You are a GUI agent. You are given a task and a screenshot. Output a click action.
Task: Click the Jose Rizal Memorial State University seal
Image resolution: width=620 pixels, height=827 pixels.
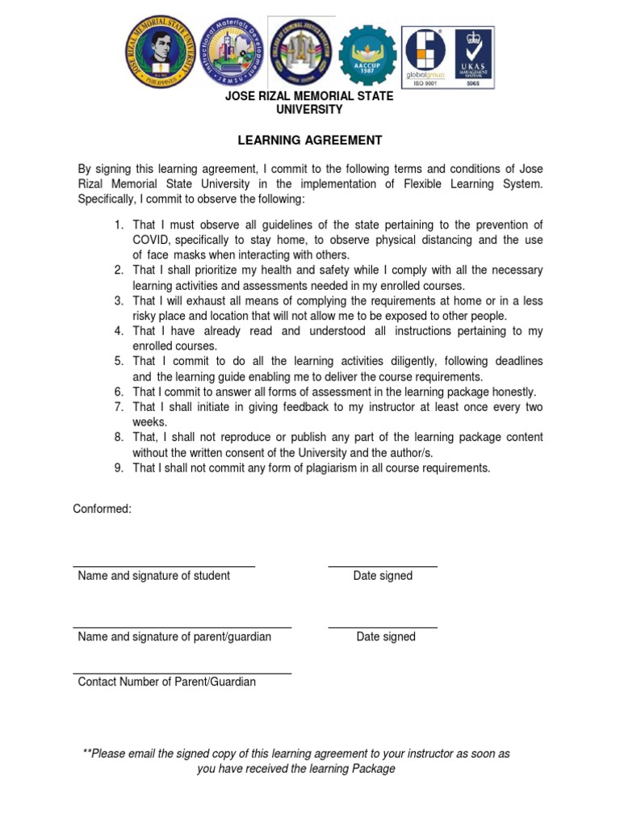pos(160,52)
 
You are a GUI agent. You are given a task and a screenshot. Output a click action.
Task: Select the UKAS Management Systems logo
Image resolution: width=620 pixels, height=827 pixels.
pos(471,57)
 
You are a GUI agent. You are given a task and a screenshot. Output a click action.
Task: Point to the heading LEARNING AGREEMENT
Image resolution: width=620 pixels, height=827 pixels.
pos(309,141)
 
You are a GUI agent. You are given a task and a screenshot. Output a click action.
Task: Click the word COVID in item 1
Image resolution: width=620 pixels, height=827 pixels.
pos(151,240)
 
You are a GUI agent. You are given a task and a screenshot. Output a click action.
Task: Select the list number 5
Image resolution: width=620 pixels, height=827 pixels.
pos(118,361)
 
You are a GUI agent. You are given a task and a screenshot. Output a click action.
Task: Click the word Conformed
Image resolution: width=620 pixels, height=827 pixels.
pos(102,509)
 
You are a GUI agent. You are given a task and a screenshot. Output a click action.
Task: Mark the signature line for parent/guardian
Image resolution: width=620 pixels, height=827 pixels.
pos(182,628)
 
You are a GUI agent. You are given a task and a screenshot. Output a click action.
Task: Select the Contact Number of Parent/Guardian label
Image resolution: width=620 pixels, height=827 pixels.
pos(166,682)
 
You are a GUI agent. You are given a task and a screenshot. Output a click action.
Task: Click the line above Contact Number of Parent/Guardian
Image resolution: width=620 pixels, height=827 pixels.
pos(182,674)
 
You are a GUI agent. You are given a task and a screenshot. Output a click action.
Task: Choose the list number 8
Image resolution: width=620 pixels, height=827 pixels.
pos(118,437)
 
